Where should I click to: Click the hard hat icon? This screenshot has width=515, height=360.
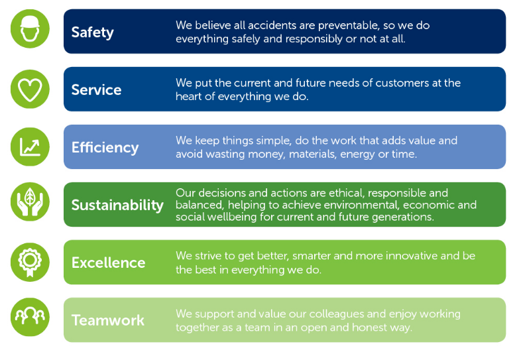pyautogui.click(x=30, y=29)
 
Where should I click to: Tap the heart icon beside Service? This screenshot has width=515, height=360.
pyautogui.click(x=30, y=89)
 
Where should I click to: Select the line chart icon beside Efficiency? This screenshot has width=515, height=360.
pyautogui.click(x=30, y=147)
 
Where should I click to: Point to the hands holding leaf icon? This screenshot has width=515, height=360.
pyautogui.click(x=30, y=202)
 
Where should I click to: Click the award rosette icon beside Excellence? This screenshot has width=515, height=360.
pyautogui.click(x=30, y=262)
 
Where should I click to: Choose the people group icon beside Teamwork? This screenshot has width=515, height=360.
pyautogui.click(x=30, y=317)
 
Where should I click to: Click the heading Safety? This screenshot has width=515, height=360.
pyautogui.click(x=93, y=32)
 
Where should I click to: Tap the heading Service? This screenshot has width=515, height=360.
pyautogui.click(x=96, y=90)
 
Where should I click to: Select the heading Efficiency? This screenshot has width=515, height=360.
pyautogui.click(x=105, y=148)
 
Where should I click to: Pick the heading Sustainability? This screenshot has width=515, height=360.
pyautogui.click(x=117, y=206)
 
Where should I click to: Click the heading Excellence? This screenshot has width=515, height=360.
pyautogui.click(x=109, y=263)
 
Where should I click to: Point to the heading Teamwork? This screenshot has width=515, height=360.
pyautogui.click(x=108, y=320)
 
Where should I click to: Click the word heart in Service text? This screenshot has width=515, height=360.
pyautogui.click(x=188, y=97)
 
